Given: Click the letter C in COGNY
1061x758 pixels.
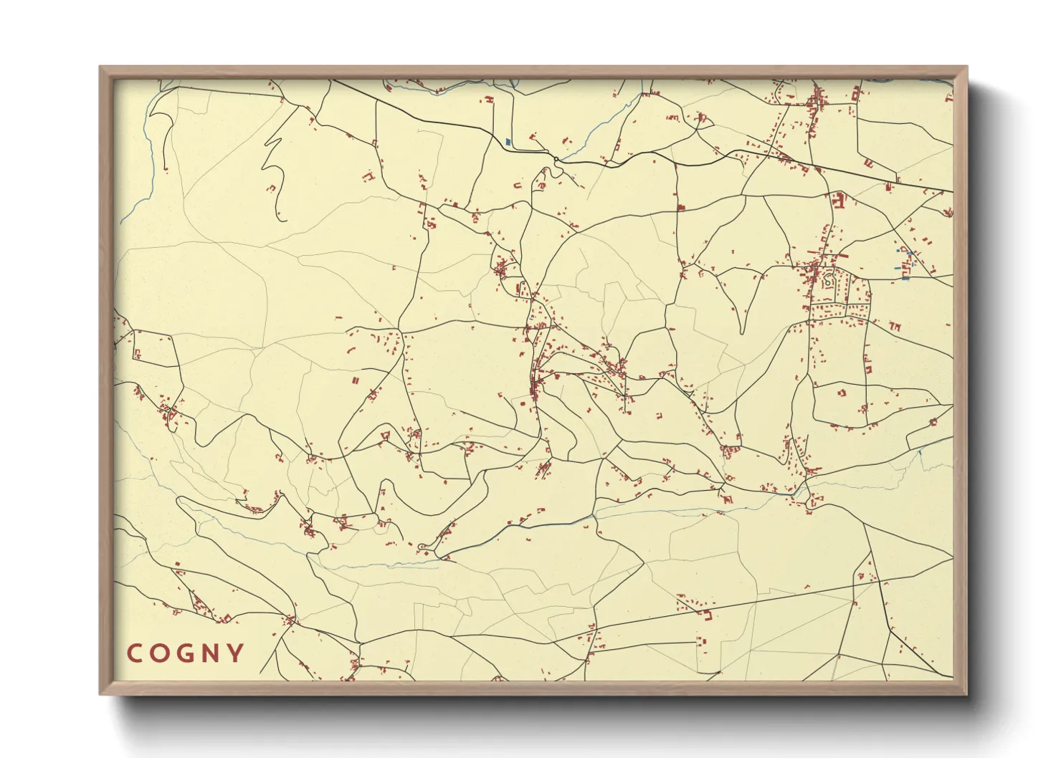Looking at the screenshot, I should point(134,653).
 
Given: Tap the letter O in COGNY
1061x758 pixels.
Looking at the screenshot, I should point(159,653).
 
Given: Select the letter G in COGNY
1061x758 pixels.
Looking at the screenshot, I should point(184,653).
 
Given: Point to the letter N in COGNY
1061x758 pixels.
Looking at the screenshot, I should point(209,653).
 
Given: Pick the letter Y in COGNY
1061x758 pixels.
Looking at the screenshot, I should point(234,653).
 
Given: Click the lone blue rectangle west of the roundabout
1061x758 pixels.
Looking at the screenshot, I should point(508,142).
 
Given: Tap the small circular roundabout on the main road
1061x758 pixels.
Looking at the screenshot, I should point(556,158).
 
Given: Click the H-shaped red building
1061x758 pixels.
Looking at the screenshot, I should point(490,101).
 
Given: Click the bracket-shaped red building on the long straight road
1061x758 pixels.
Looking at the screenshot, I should point(707,615).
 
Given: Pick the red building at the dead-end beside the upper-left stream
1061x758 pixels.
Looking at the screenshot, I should point(166,169).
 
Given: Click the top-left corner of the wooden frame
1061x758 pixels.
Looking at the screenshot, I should point(101,68).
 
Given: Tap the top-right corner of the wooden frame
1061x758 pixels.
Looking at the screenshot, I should point(966,68).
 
